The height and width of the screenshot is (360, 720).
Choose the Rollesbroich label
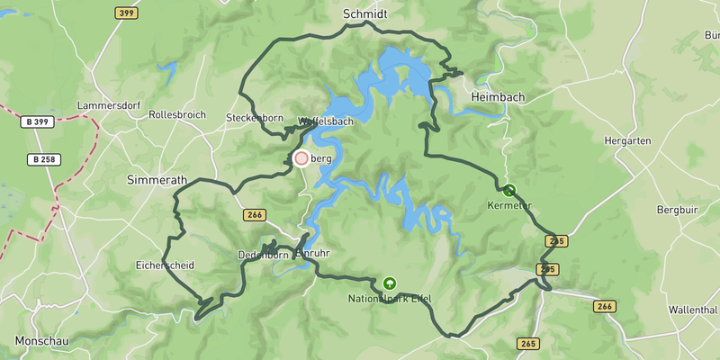click(x=177, y=115)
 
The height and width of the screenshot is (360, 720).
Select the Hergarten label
click(x=628, y=142)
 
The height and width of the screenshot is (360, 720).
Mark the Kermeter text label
click(x=509, y=206)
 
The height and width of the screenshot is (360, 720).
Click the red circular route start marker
click(x=301, y=158)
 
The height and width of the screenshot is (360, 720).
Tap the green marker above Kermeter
click(x=509, y=190)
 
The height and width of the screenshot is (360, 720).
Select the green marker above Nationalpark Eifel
click(x=389, y=282)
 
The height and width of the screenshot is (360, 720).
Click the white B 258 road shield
click(x=41, y=159)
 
